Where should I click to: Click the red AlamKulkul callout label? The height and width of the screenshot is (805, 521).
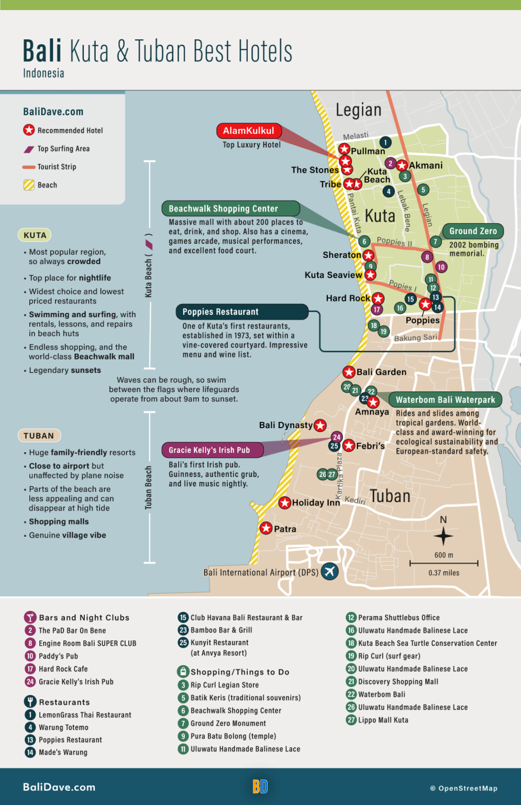249,130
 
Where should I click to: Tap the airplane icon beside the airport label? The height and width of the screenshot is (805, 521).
329,571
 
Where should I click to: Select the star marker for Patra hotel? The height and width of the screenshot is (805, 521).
266,528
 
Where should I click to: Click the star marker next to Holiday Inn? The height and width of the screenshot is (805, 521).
284,503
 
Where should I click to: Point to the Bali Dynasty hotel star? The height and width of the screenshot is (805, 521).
320,425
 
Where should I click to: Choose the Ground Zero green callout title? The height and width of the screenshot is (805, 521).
473,231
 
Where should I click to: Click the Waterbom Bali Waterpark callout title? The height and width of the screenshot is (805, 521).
445,400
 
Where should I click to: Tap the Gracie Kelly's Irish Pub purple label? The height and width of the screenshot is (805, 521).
209,450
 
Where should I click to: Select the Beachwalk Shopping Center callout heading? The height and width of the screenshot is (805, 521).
224,209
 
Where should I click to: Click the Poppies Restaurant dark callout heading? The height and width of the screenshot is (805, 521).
220,312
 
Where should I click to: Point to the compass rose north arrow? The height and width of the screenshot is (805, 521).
444,535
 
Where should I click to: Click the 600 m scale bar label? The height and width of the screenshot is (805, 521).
444,555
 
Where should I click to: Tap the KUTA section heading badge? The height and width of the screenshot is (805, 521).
35,235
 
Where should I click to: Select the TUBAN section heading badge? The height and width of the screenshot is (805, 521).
39,436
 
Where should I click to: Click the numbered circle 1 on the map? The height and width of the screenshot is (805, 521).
385,142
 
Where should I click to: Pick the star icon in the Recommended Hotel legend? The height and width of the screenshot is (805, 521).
29,130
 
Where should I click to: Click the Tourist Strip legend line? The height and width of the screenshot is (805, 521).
29,167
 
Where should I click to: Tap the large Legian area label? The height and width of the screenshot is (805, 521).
359,110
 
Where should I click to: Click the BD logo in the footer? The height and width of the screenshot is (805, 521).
260,787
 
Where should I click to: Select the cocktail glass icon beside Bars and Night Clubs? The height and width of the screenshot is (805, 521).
30,617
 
